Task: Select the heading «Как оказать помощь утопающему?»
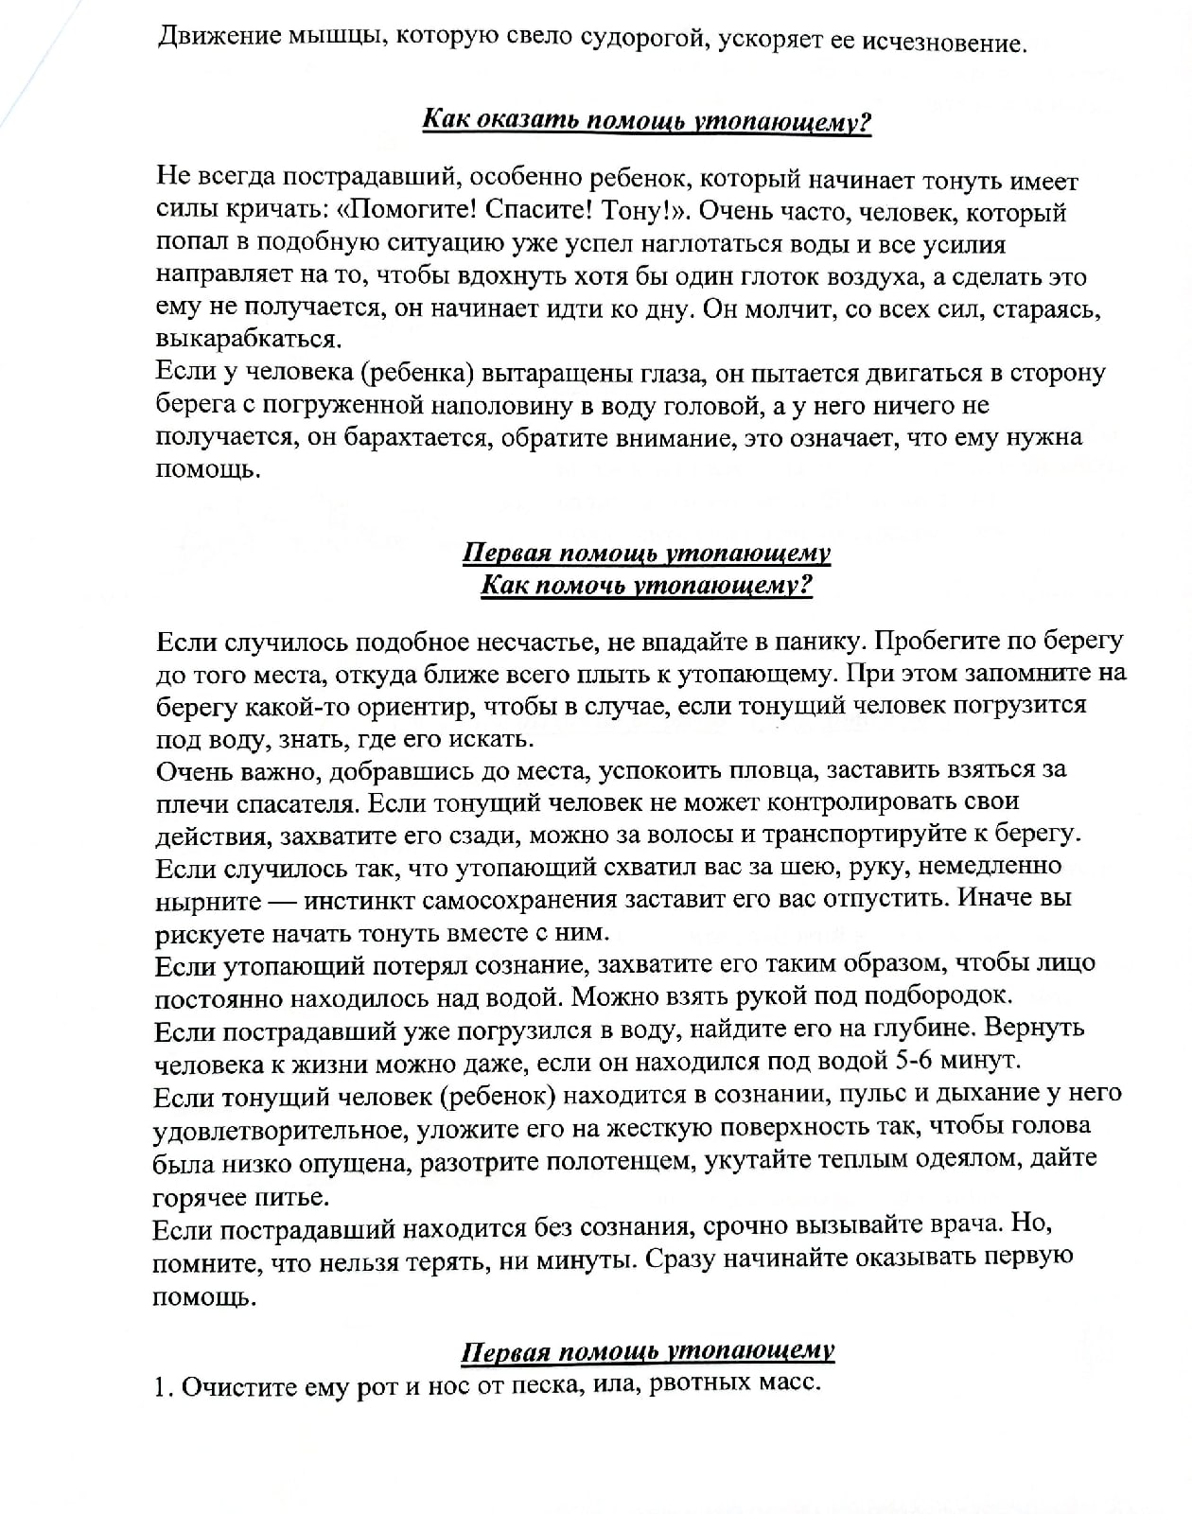[x=645, y=122]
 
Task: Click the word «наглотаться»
[x=655, y=244]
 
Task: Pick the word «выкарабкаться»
[x=247, y=340]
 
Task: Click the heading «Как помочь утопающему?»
[x=646, y=585]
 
